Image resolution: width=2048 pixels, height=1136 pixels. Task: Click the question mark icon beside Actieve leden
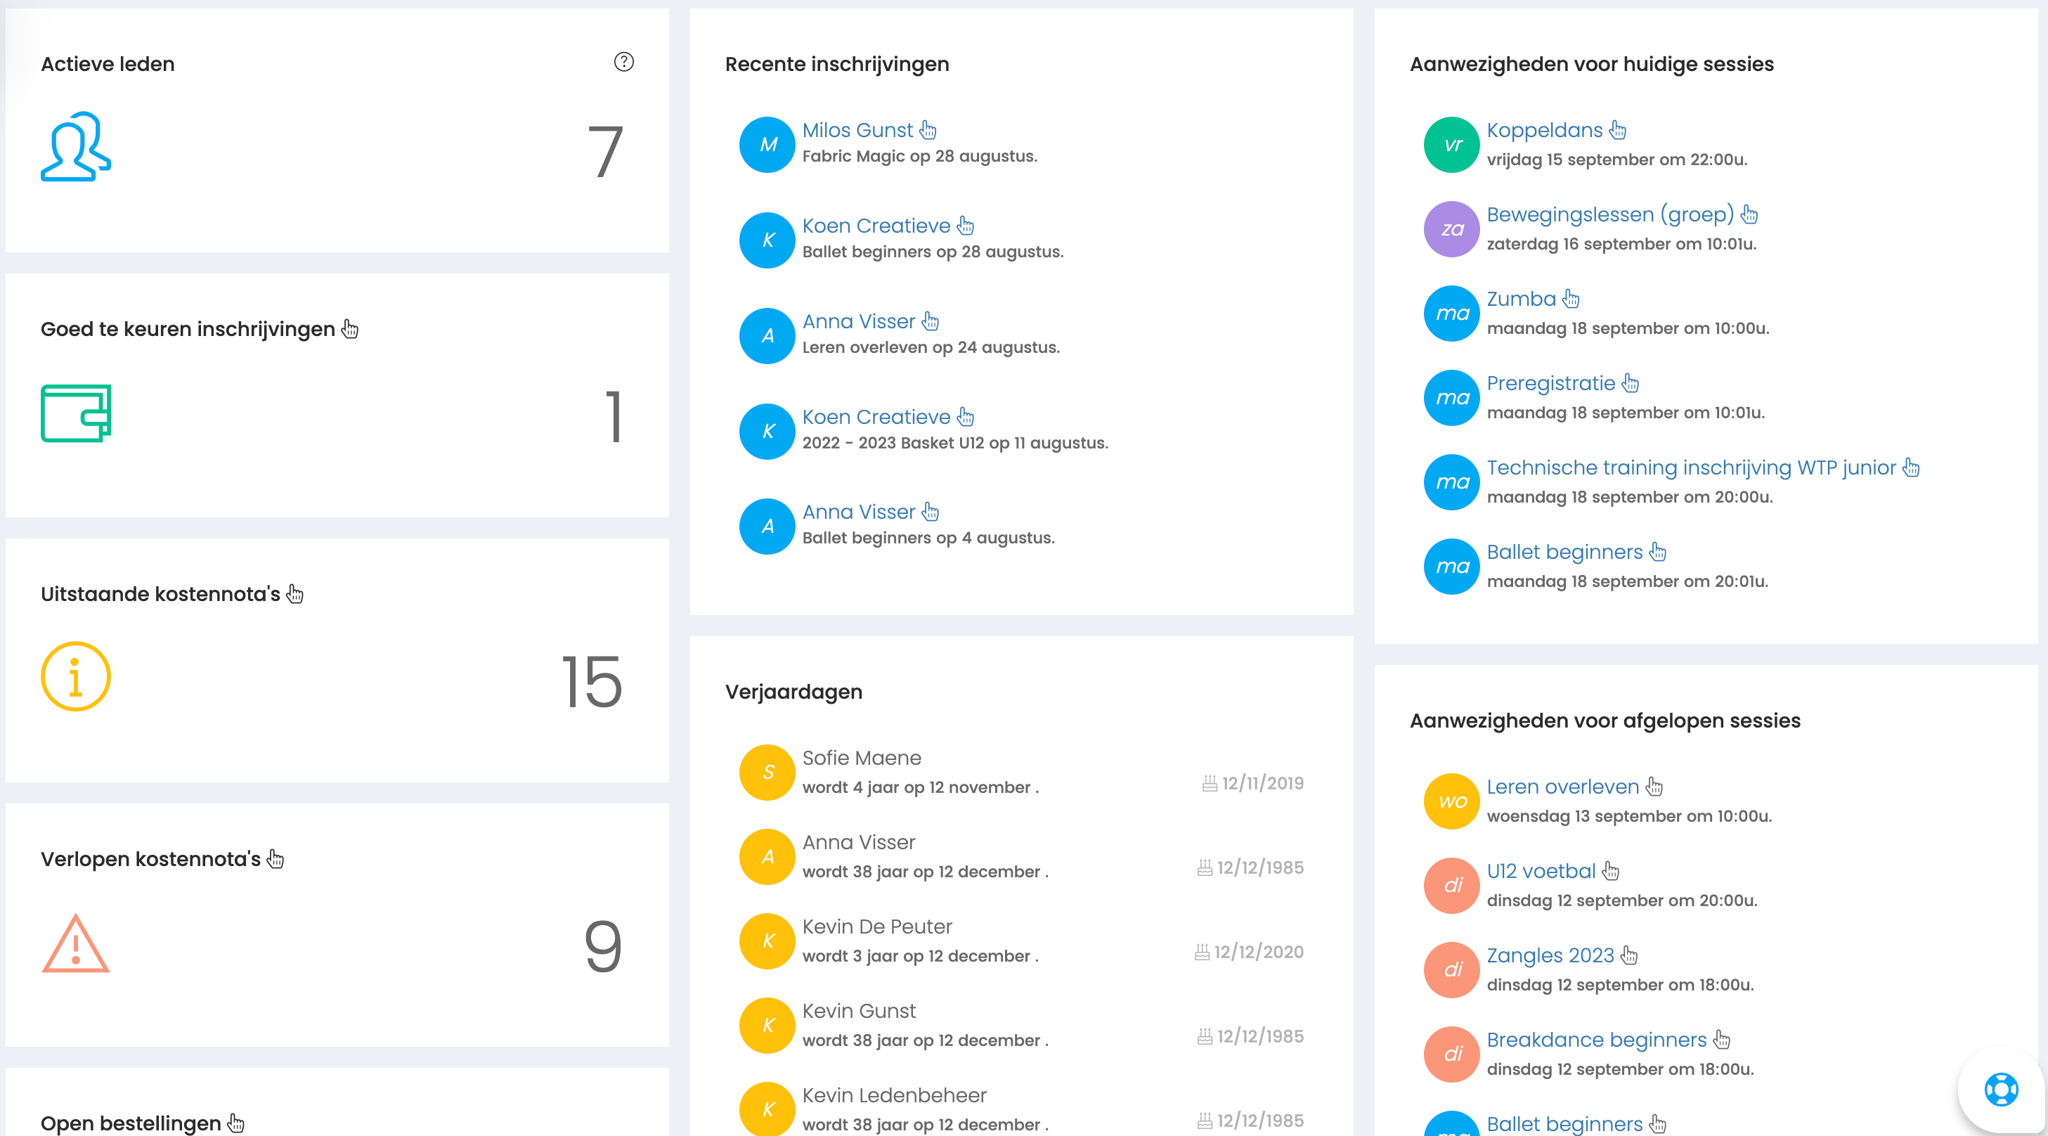coord(624,62)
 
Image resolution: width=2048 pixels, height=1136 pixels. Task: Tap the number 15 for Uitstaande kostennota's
coord(592,681)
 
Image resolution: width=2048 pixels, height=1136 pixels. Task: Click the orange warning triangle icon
coord(75,943)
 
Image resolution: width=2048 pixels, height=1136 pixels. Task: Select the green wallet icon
coord(75,413)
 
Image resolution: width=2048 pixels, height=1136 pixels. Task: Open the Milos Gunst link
coord(857,130)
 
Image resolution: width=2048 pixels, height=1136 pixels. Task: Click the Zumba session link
coord(1521,299)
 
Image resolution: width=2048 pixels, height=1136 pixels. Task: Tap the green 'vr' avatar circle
coord(1452,145)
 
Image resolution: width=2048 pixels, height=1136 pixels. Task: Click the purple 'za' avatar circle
coord(1452,229)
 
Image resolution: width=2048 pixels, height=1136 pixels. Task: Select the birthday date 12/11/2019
coord(1262,783)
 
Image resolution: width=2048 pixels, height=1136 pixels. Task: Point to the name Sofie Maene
coord(862,758)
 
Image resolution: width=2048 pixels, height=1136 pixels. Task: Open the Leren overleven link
coord(1563,787)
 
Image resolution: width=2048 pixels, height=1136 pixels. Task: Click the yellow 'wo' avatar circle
coord(1452,801)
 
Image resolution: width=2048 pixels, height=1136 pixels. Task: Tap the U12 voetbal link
coord(1541,871)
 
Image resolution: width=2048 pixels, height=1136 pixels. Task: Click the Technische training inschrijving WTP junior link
coord(1691,467)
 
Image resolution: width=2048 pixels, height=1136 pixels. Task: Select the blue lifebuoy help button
coord(2001,1089)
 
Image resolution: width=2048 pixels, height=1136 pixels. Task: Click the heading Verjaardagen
coord(793,692)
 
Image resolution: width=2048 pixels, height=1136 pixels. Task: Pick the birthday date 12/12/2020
coord(1259,952)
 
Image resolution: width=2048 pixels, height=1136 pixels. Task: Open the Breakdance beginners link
coord(1596,1040)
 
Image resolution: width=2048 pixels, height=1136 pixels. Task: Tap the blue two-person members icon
coord(75,146)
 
